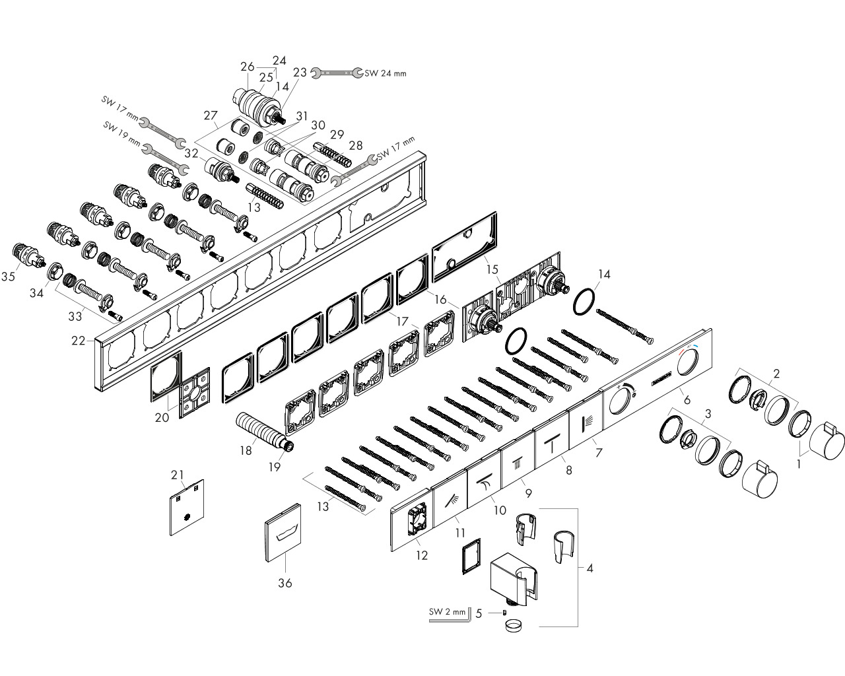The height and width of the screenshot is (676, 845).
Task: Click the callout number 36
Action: [285, 583]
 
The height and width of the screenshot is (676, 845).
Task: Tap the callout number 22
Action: [78, 341]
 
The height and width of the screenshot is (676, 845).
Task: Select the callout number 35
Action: [8, 277]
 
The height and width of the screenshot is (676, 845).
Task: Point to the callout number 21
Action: [177, 475]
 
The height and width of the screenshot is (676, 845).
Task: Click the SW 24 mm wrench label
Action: [385, 73]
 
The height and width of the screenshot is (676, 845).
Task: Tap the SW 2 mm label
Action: [447, 611]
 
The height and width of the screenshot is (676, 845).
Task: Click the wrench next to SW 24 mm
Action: [337, 73]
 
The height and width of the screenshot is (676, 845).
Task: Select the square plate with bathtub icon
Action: [283, 533]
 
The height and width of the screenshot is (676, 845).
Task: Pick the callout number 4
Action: [590, 568]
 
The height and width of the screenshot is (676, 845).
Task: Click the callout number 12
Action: [422, 555]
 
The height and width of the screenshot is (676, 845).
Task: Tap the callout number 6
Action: [687, 400]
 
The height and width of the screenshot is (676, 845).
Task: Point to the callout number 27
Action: [211, 115]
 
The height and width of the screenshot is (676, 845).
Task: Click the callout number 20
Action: [162, 417]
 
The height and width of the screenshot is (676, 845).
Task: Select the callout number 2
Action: [776, 373]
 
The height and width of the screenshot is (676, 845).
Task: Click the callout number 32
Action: [191, 152]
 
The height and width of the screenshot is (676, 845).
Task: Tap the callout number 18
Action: [246, 450]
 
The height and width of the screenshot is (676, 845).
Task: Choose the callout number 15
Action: [492, 269]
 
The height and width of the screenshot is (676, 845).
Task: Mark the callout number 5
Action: [479, 613]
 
